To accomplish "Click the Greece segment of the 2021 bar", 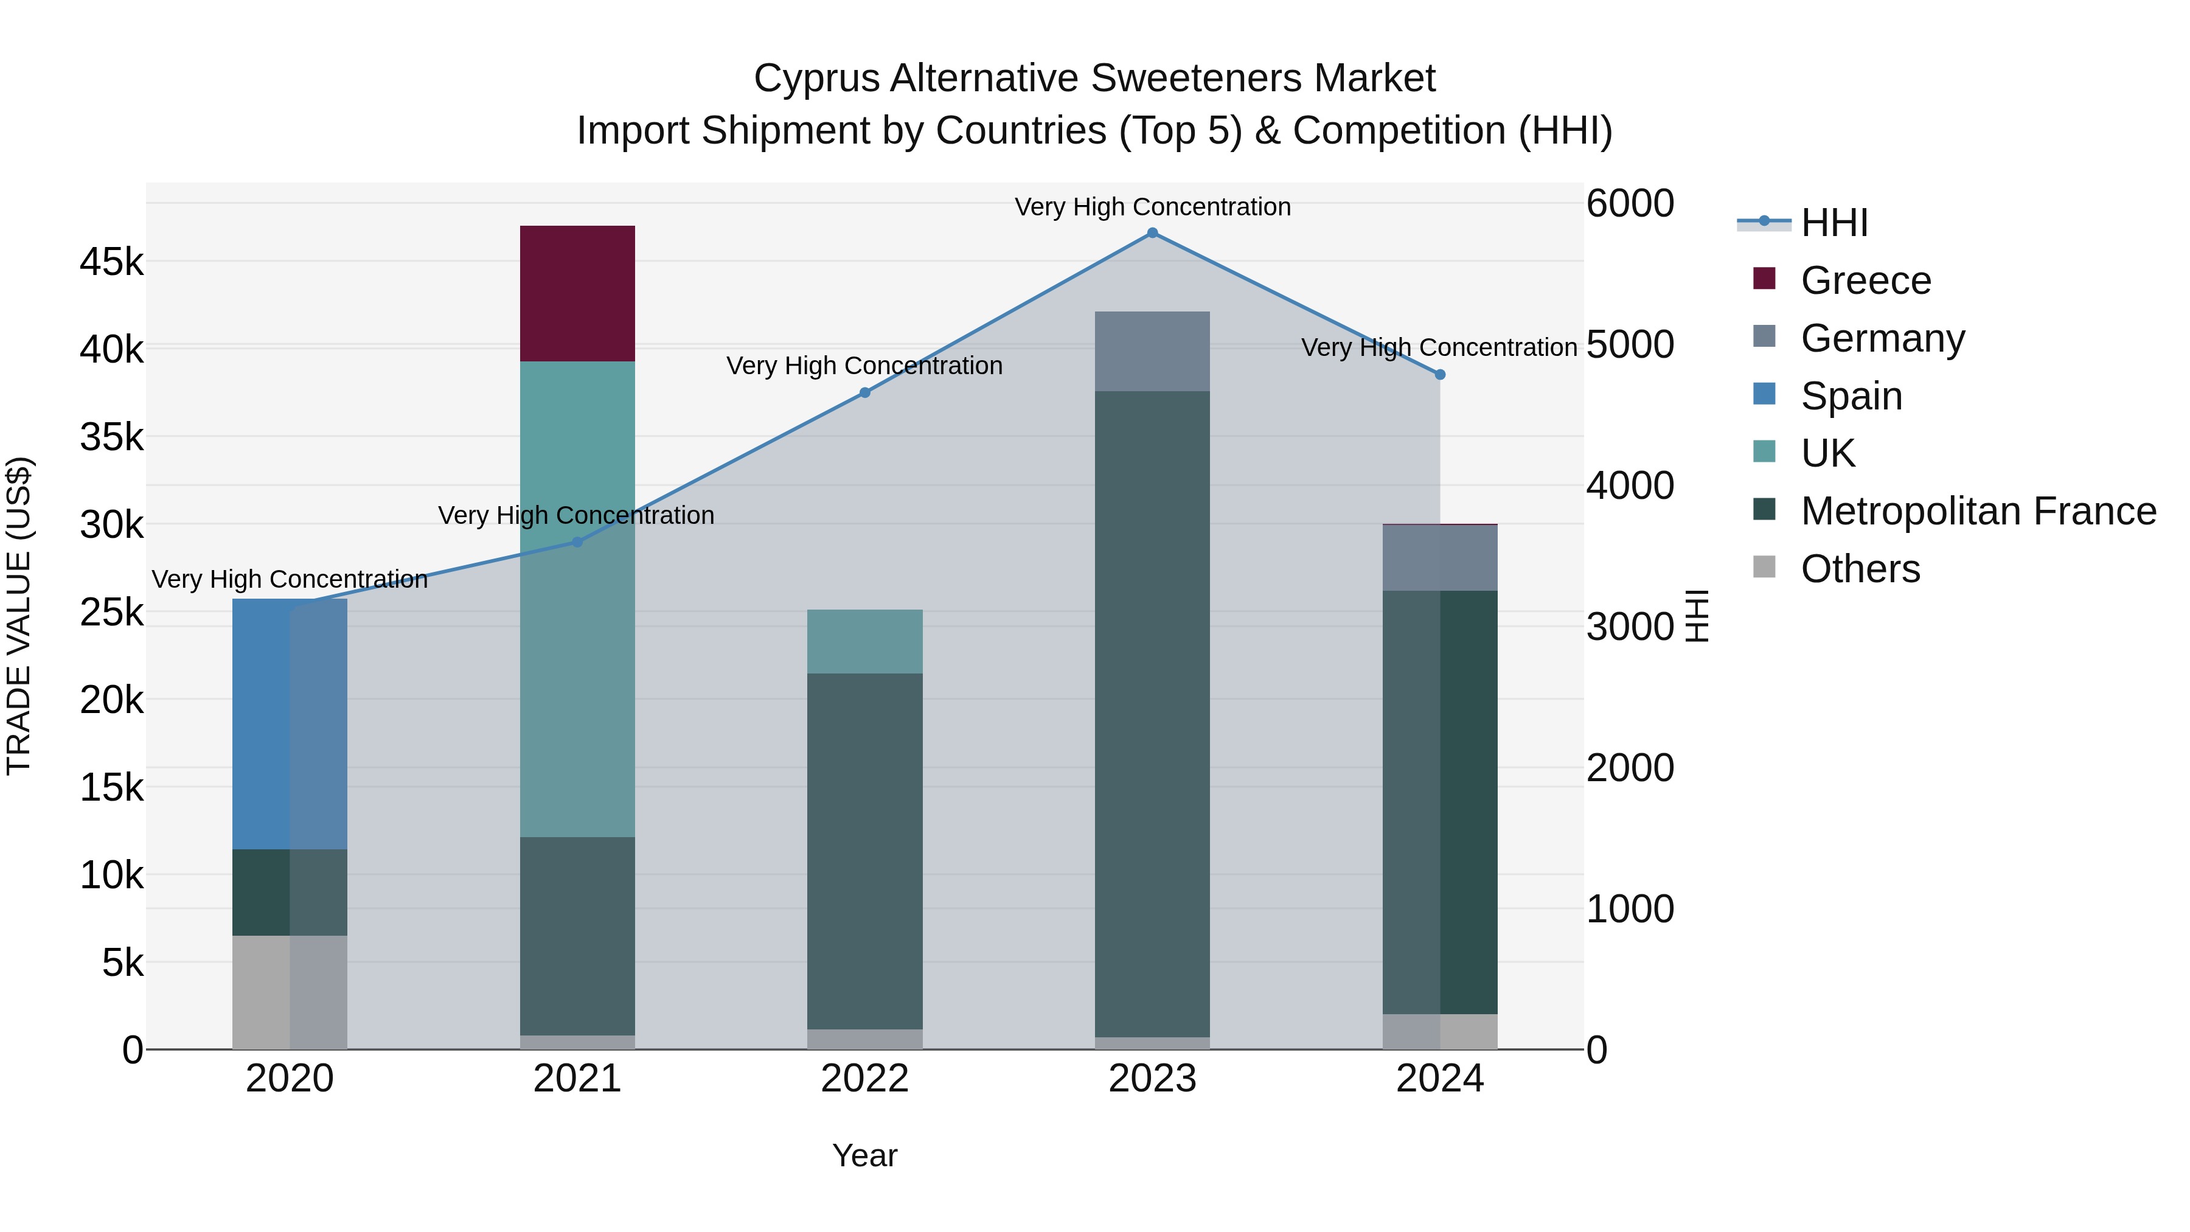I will (577, 293).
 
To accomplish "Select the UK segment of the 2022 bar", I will (864, 641).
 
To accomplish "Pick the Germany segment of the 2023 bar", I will (1152, 351).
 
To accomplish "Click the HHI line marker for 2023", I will (1152, 233).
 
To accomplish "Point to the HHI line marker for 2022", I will (864, 393).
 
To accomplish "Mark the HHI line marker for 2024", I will (1439, 375).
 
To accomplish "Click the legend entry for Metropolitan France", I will (1978, 511).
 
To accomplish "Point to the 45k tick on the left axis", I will (112, 262).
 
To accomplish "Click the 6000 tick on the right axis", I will (1630, 204).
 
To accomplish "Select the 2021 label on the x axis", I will (577, 1079).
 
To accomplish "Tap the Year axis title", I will (864, 1155).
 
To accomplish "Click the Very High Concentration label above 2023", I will (1152, 207).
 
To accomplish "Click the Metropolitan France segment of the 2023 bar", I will (1152, 714).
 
